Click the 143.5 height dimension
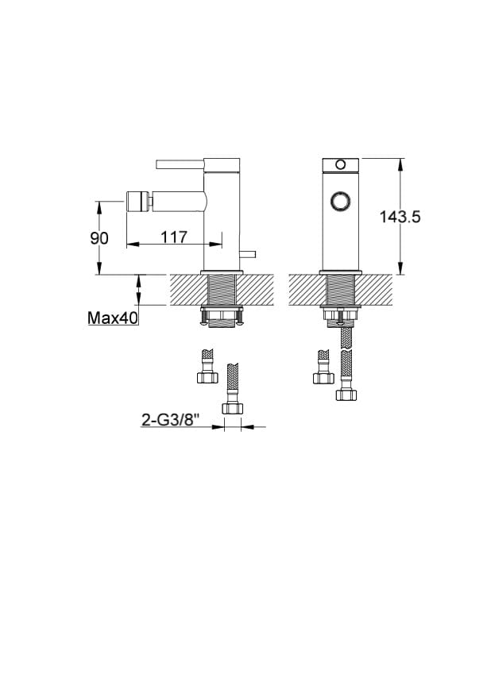click(x=400, y=216)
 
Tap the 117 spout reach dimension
click(x=174, y=237)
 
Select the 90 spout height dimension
click(x=99, y=238)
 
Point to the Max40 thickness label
click(x=113, y=318)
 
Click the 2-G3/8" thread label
click(x=170, y=420)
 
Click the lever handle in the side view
click(x=180, y=164)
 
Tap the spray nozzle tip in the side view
click(x=137, y=202)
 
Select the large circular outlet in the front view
click(x=340, y=202)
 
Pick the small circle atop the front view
click(x=340, y=164)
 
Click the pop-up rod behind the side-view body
click(x=247, y=253)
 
